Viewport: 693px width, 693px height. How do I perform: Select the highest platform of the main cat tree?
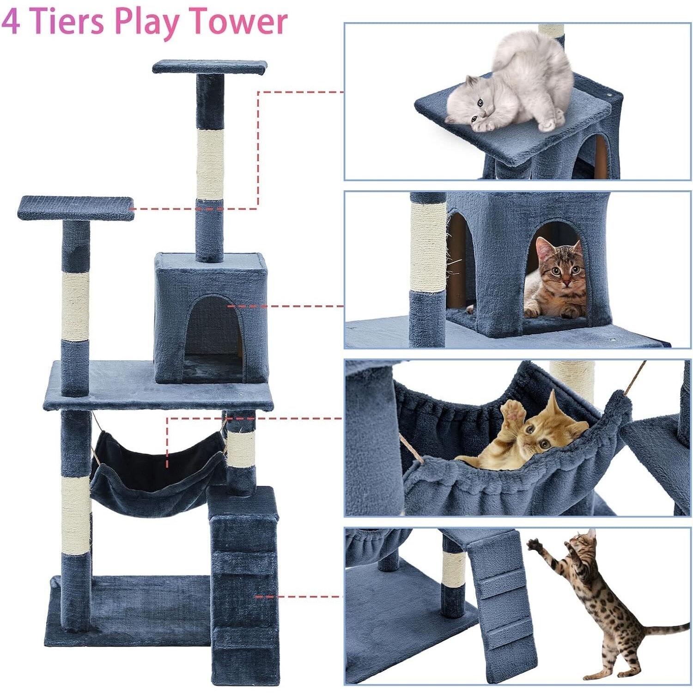210,67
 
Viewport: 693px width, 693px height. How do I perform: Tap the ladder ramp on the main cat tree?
244,584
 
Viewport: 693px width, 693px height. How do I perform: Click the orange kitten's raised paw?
514,410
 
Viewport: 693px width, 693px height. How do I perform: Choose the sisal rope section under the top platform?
210,164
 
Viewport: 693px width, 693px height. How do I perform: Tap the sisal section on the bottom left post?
76,515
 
